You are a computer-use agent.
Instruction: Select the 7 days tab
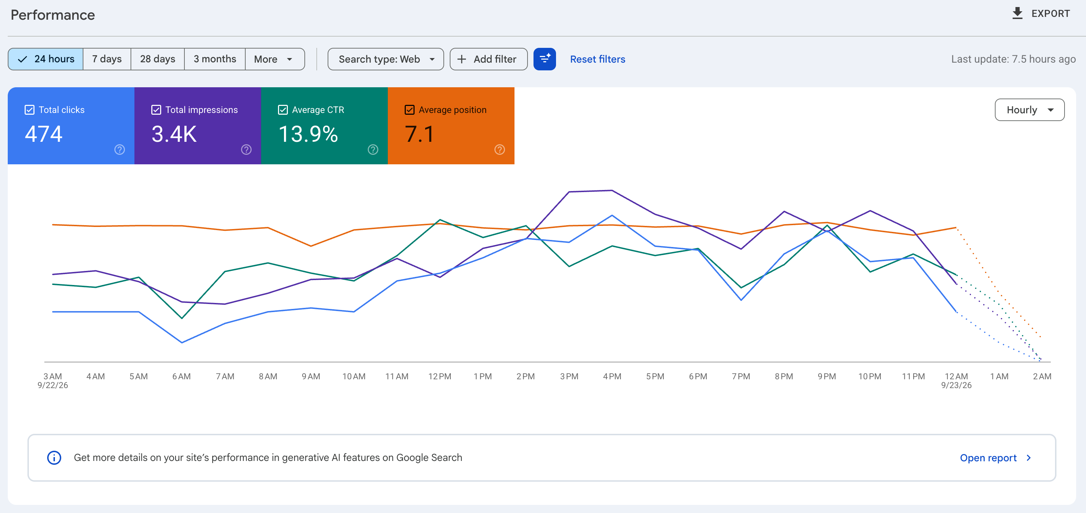click(x=107, y=59)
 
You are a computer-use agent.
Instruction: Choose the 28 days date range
click(x=158, y=59)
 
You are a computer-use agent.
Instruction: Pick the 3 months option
click(x=215, y=59)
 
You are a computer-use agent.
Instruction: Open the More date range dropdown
click(x=274, y=59)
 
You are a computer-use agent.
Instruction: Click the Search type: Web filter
click(x=386, y=59)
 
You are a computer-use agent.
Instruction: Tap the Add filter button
click(x=488, y=59)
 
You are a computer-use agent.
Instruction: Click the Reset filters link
click(x=598, y=59)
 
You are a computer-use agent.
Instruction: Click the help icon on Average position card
click(x=500, y=150)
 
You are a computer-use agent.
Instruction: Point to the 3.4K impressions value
click(x=174, y=134)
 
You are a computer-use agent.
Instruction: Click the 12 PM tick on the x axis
click(x=440, y=376)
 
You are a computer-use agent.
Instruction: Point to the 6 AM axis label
click(x=181, y=376)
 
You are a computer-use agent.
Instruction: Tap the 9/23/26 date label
click(x=956, y=385)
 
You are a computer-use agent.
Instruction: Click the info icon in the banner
click(x=54, y=458)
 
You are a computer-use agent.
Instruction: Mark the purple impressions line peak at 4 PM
click(x=612, y=191)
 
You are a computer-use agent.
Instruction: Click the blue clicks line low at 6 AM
click(x=182, y=342)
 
